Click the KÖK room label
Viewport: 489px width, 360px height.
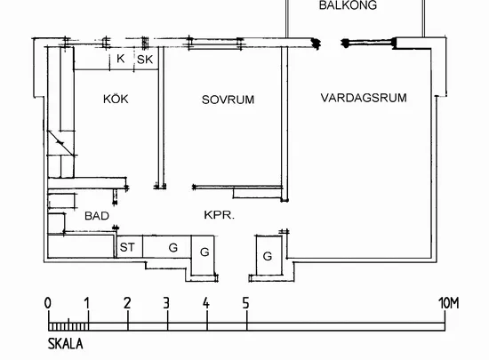click(x=116, y=99)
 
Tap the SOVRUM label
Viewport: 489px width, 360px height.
click(x=228, y=100)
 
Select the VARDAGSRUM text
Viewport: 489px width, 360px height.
click(x=364, y=98)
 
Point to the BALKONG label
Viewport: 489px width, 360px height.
click(x=348, y=5)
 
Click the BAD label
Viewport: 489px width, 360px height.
click(x=97, y=216)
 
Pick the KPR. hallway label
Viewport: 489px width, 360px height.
click(x=219, y=215)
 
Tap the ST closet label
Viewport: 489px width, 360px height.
click(x=127, y=247)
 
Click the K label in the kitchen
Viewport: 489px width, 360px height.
click(x=121, y=59)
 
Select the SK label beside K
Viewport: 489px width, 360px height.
click(x=145, y=60)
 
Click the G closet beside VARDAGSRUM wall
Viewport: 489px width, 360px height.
click(x=268, y=256)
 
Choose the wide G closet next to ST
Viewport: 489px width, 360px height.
click(x=173, y=247)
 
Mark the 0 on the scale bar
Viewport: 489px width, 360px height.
click(x=48, y=303)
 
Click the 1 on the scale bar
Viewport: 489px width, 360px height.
click(x=87, y=303)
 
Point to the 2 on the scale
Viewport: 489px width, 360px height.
click(x=127, y=303)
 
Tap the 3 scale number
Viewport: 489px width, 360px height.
click(x=166, y=303)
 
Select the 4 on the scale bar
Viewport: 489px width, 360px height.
click(x=206, y=303)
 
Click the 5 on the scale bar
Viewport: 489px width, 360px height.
click(x=245, y=303)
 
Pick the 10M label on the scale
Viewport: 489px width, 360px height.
click(x=449, y=303)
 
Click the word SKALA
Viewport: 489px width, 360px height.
click(x=66, y=344)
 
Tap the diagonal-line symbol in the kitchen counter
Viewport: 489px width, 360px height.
click(x=61, y=143)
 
